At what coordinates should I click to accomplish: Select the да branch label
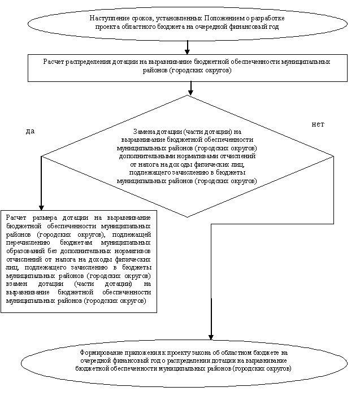[x=31, y=131]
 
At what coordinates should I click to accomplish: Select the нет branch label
[x=318, y=124]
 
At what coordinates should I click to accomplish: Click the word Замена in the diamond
[x=145, y=132]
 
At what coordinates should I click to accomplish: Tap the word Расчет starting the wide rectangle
[x=55, y=62]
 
